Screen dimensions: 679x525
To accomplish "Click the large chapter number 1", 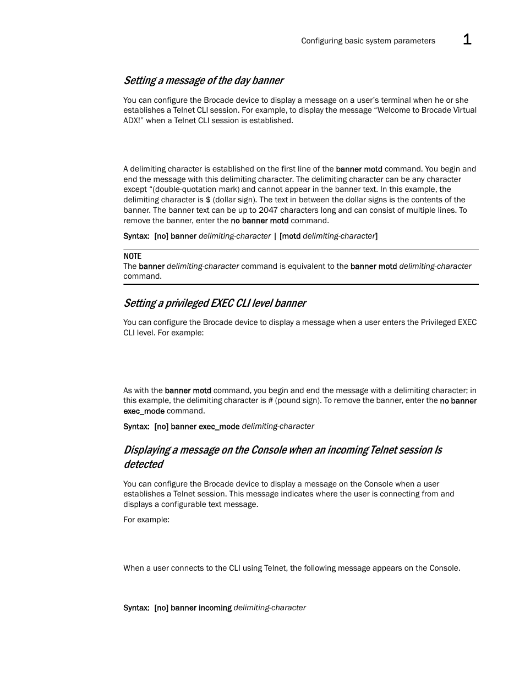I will click(467, 40).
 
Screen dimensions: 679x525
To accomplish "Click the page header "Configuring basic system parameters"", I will click(368, 41).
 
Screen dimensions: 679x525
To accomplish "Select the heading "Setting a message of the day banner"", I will click(203, 81).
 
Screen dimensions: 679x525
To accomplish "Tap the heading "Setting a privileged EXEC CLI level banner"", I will click(215, 303).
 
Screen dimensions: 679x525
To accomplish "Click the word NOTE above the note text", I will click(132, 256).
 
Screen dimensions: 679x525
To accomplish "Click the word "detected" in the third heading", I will click(143, 465).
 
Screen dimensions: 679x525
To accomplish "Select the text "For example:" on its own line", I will click(146, 520).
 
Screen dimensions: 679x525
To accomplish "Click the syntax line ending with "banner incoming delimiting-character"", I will click(215, 608).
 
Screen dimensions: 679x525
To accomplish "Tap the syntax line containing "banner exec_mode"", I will click(218, 426).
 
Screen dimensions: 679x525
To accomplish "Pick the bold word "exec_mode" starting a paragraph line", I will click(144, 411).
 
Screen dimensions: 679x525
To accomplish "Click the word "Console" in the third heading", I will click(269, 450).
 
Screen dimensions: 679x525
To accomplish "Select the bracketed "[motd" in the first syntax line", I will click(290, 236).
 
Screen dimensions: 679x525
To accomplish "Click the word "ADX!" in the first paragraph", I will click(133, 120).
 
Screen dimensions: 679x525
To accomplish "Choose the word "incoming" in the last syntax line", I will click(215, 608).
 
